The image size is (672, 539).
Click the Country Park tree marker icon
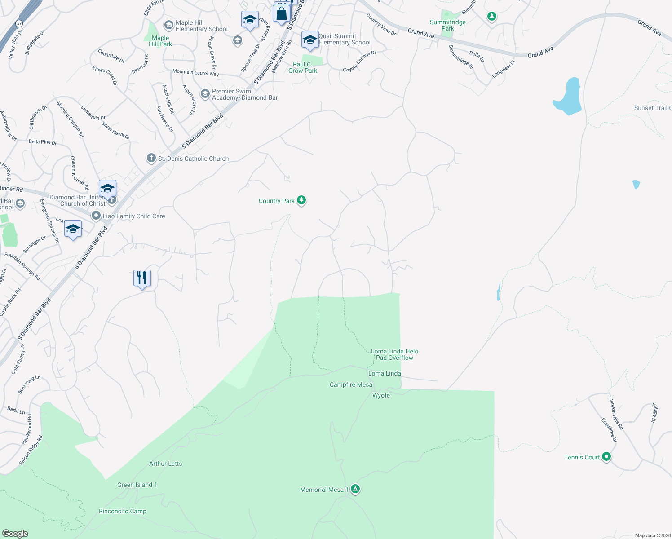pyautogui.click(x=301, y=200)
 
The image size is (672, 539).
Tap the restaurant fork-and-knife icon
pyautogui.click(x=142, y=278)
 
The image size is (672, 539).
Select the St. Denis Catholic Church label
pyautogui.click(x=193, y=159)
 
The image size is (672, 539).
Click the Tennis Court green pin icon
pyautogui.click(x=606, y=457)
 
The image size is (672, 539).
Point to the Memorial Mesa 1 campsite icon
pyautogui.click(x=355, y=489)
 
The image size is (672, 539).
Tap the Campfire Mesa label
pyautogui.click(x=351, y=384)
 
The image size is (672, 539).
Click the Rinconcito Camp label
pyautogui.click(x=123, y=511)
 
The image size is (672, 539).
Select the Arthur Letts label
pyautogui.click(x=166, y=464)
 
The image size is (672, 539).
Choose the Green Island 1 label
pyautogui.click(x=137, y=485)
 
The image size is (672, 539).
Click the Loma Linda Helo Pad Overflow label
pyautogui.click(x=394, y=354)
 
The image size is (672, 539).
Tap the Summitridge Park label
pyautogui.click(x=448, y=25)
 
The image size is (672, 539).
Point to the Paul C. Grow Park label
pyautogui.click(x=303, y=67)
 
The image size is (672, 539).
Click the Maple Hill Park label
pyautogui.click(x=160, y=41)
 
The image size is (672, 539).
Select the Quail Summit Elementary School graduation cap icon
pyautogui.click(x=310, y=40)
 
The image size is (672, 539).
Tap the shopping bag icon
pyautogui.click(x=282, y=13)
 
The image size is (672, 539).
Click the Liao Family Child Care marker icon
pyautogui.click(x=96, y=216)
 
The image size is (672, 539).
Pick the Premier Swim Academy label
pyautogui.click(x=245, y=94)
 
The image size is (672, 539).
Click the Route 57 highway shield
pyautogui.click(x=19, y=23)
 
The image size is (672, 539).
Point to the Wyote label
pyautogui.click(x=381, y=395)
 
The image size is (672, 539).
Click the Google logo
pyautogui.click(x=15, y=534)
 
